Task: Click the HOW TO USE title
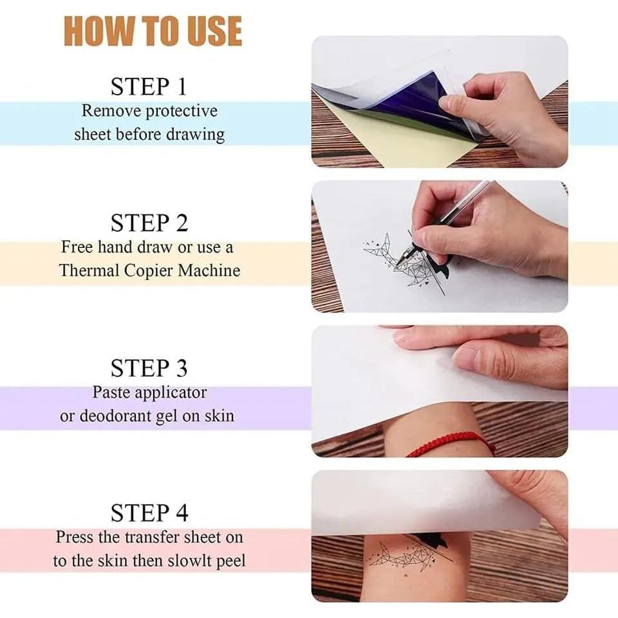[153, 30]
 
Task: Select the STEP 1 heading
[149, 86]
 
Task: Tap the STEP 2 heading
[149, 223]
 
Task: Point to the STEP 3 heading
[149, 368]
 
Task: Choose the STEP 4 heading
[149, 513]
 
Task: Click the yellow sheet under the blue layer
[386, 142]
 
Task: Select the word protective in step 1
[182, 111]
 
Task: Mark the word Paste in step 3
[111, 391]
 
